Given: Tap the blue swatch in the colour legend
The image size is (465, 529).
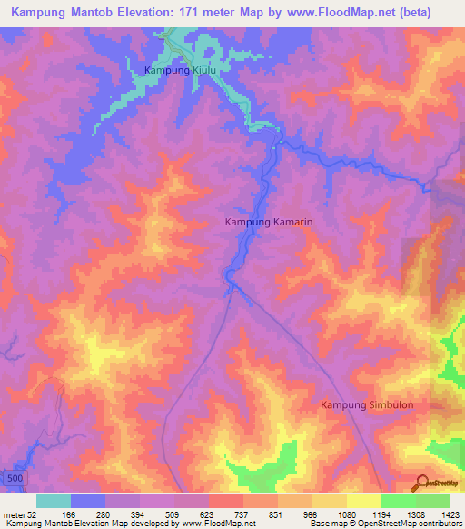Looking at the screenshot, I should point(87,501).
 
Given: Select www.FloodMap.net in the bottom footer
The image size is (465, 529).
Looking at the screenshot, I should point(205,524).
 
